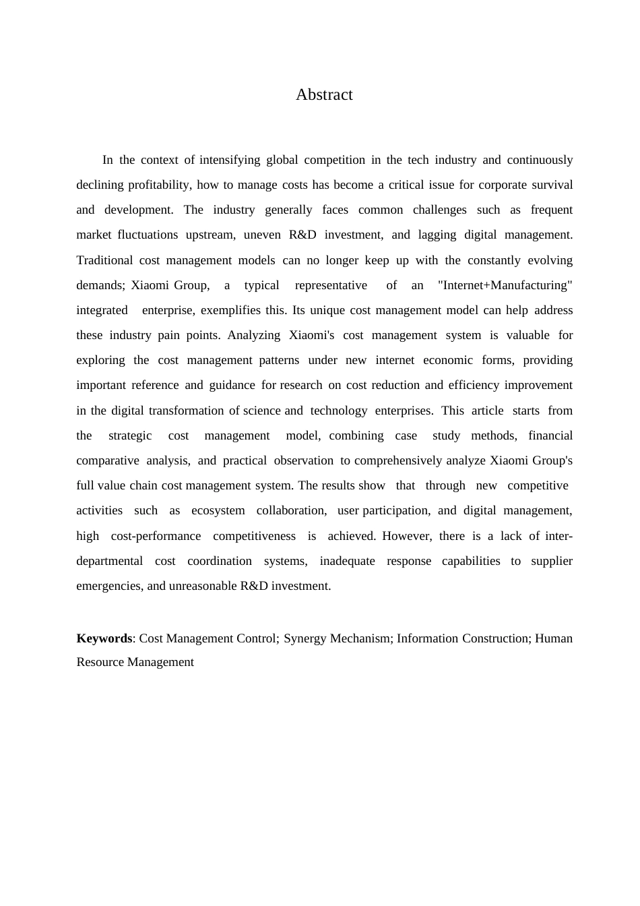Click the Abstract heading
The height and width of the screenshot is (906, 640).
(x=324, y=95)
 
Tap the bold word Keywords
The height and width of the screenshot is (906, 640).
(x=104, y=638)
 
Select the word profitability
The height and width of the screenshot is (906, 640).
(x=160, y=185)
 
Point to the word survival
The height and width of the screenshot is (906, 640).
(x=552, y=185)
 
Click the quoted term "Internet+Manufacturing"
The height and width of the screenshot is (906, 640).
(x=505, y=285)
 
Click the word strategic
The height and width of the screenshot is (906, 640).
(x=130, y=435)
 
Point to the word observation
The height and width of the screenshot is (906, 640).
(x=303, y=460)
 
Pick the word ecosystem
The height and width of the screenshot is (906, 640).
(x=218, y=510)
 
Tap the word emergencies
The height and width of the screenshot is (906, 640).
(x=108, y=586)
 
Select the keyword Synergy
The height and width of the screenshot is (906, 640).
(x=306, y=638)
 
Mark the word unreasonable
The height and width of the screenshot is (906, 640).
(x=203, y=586)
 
